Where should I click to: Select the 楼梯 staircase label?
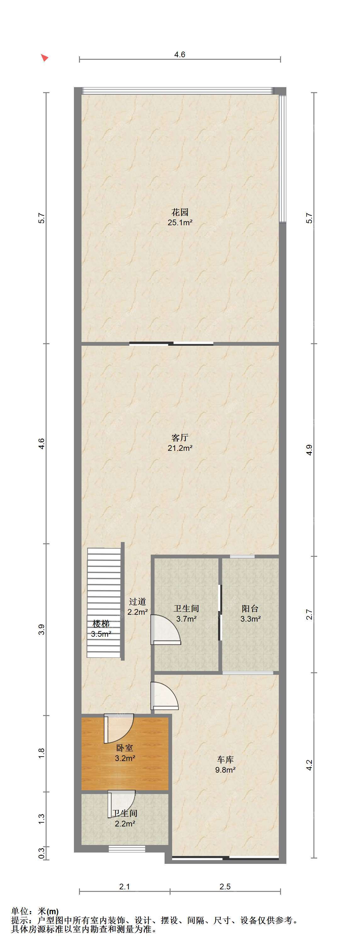pyautogui.click(x=101, y=624)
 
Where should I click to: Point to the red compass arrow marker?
pyautogui.click(x=45, y=58)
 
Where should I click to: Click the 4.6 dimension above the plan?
pyautogui.click(x=180, y=55)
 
